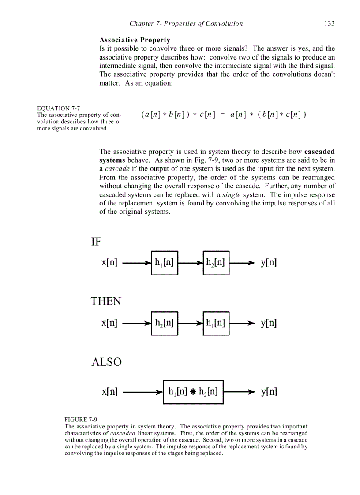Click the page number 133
(329, 24)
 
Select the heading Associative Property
(135, 40)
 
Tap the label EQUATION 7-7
(59, 108)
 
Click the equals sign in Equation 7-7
(223, 115)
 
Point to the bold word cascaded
(319, 152)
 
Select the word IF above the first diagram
(96, 242)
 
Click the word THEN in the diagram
(106, 301)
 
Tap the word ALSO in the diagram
(106, 362)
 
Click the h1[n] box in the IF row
(165, 263)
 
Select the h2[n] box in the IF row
(216, 263)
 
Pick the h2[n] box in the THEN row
(165, 323)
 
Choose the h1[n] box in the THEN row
(216, 323)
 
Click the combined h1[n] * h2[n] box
(193, 392)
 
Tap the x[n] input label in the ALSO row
(109, 392)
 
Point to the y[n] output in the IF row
(269, 263)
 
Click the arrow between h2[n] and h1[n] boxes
(191, 323)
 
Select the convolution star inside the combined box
(193, 392)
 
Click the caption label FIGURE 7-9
(81, 420)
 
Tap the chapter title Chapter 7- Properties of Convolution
(186, 24)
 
